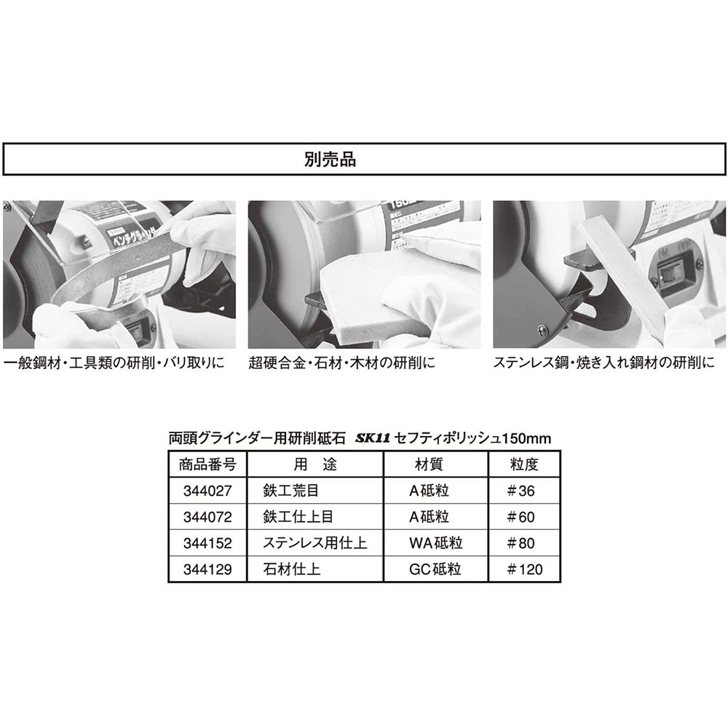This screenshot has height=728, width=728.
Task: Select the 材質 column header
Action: point(428,464)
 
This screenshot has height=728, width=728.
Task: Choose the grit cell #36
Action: point(521,491)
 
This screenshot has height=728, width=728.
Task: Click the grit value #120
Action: point(524,569)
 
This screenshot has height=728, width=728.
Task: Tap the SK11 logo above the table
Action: point(376,439)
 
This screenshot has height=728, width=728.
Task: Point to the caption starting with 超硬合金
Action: point(341,362)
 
